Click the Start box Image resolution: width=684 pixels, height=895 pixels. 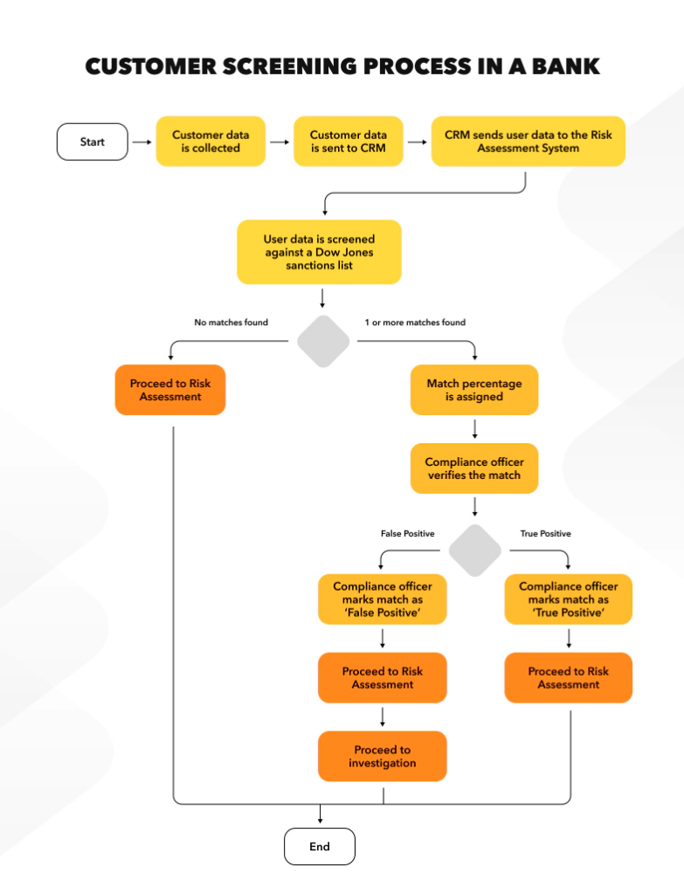pos(92,142)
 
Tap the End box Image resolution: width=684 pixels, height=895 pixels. pos(320,846)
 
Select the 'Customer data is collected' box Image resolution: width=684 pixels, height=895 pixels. pos(210,142)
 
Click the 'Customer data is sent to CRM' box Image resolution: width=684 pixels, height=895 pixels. pos(348,142)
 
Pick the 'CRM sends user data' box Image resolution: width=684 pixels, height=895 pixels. pos(528,142)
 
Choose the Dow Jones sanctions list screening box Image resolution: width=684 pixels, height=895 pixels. pos(319,252)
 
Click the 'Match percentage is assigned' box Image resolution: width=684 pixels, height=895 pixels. pos(474,390)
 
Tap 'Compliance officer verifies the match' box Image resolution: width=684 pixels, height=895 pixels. pos(474,468)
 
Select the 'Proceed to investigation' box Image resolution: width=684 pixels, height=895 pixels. pos(383,756)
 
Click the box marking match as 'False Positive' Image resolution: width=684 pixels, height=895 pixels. pos(383,600)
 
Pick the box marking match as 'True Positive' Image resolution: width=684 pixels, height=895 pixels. pos(568,600)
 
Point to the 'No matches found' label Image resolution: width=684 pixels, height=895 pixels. pos(231,323)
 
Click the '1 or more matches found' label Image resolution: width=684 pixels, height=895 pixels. pos(415,323)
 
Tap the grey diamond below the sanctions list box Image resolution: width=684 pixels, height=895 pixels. pos(323,342)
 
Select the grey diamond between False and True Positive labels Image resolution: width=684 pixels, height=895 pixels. pos(475,551)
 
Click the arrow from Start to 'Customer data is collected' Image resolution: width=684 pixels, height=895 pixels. pos(142,142)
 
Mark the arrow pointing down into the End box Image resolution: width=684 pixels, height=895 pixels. pos(320,815)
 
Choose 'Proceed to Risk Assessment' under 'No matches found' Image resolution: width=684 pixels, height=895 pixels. pos(170,390)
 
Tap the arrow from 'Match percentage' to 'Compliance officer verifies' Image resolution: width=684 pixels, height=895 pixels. pos(474,429)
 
